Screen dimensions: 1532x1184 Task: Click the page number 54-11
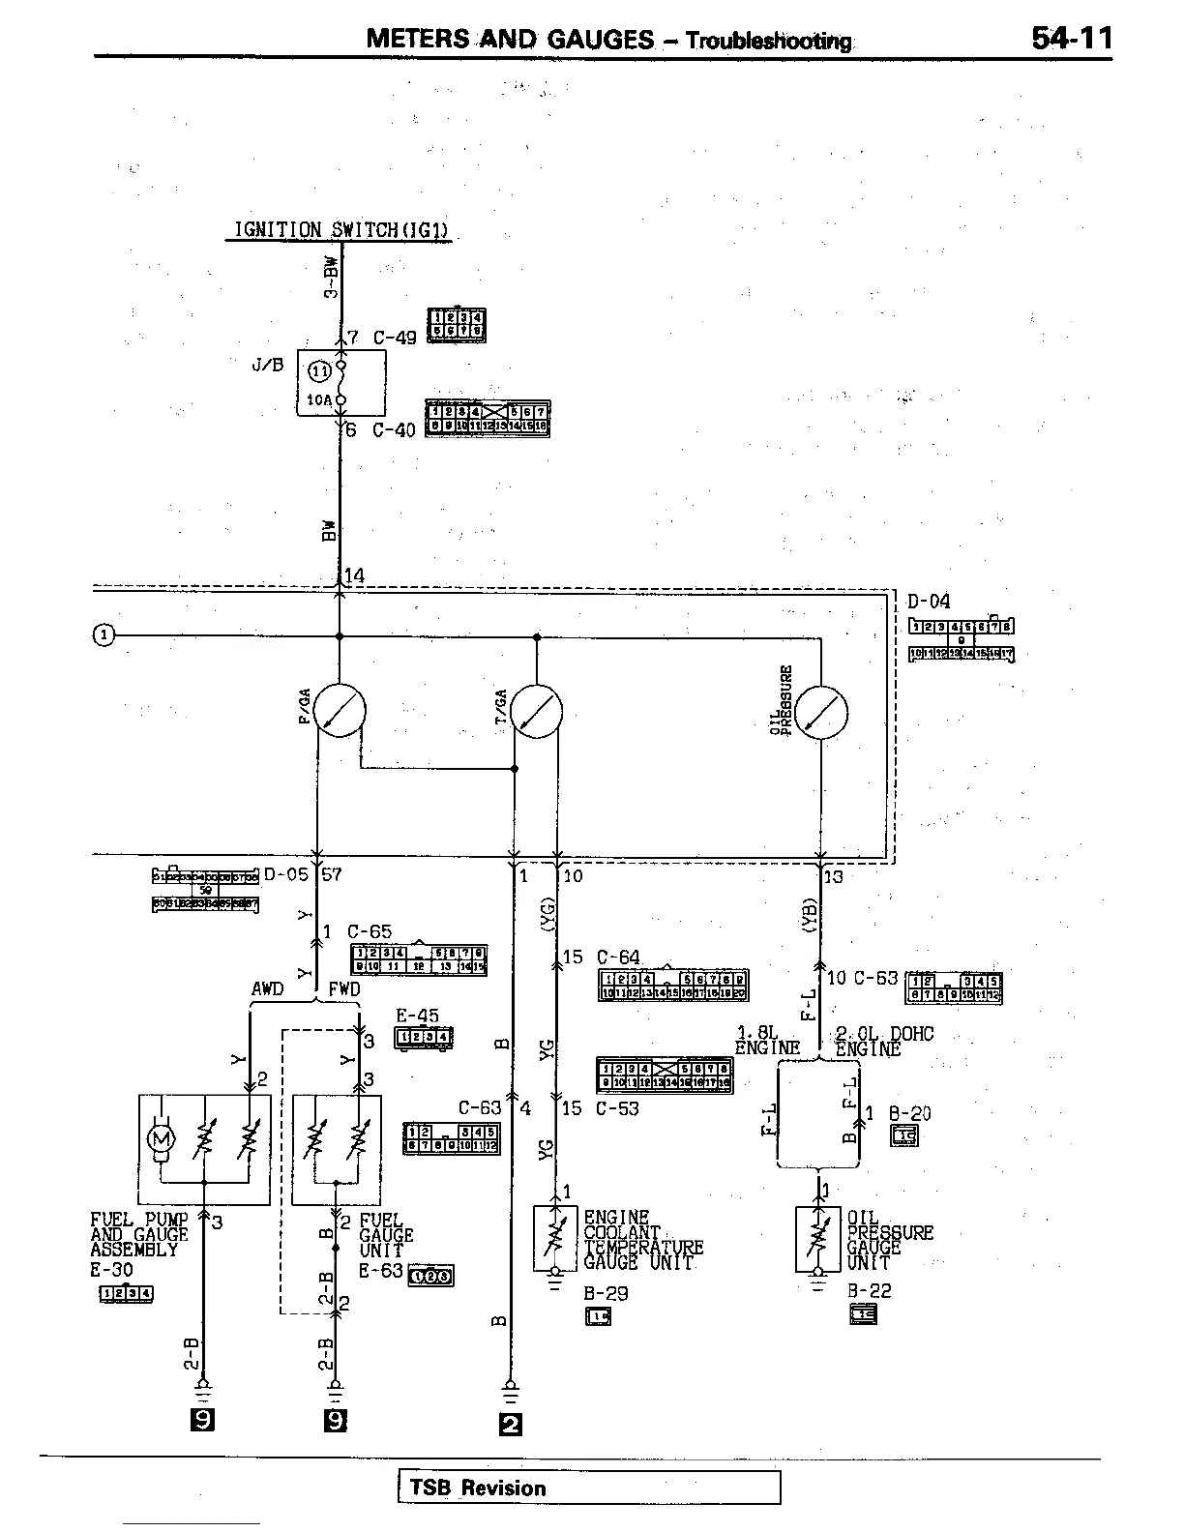1072,39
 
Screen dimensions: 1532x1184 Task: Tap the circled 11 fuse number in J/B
319,368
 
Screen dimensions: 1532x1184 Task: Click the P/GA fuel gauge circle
340,711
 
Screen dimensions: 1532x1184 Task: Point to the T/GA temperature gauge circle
536,711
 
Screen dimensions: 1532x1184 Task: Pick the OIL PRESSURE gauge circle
820,713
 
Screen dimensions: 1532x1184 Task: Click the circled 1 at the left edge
104,635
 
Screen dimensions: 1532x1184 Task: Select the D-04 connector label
929,602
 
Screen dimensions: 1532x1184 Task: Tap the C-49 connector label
395,338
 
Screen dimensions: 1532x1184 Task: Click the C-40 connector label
394,430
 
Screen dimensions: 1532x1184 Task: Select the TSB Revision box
588,1488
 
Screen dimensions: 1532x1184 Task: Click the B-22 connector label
870,1290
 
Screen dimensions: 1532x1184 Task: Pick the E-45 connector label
418,1016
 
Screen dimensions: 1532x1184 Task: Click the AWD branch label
268,989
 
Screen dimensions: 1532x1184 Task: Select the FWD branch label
344,989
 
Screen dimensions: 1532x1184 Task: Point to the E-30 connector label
112,1270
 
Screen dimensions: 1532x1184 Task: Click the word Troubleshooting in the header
769,41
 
